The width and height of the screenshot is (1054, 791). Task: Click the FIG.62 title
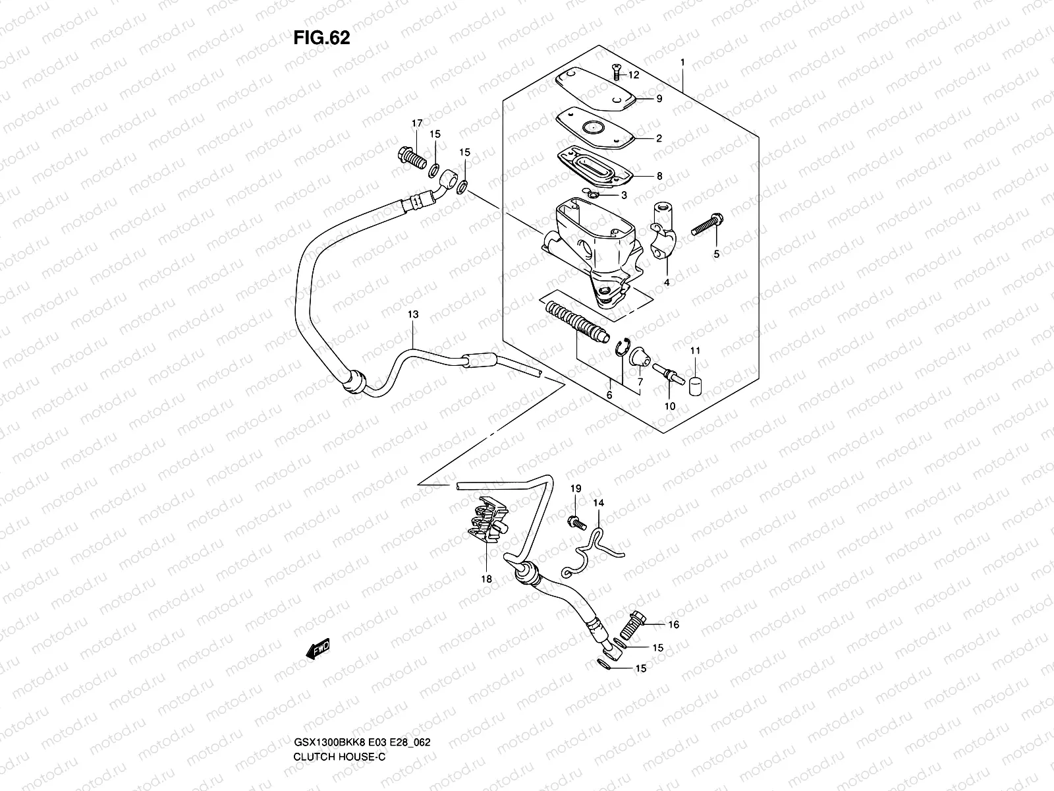pos(321,38)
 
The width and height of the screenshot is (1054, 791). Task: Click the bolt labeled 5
pos(708,229)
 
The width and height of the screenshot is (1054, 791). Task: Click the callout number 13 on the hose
pos(412,315)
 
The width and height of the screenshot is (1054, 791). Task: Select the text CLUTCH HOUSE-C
pos(340,701)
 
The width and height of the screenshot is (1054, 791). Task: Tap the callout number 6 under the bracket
pos(609,395)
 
